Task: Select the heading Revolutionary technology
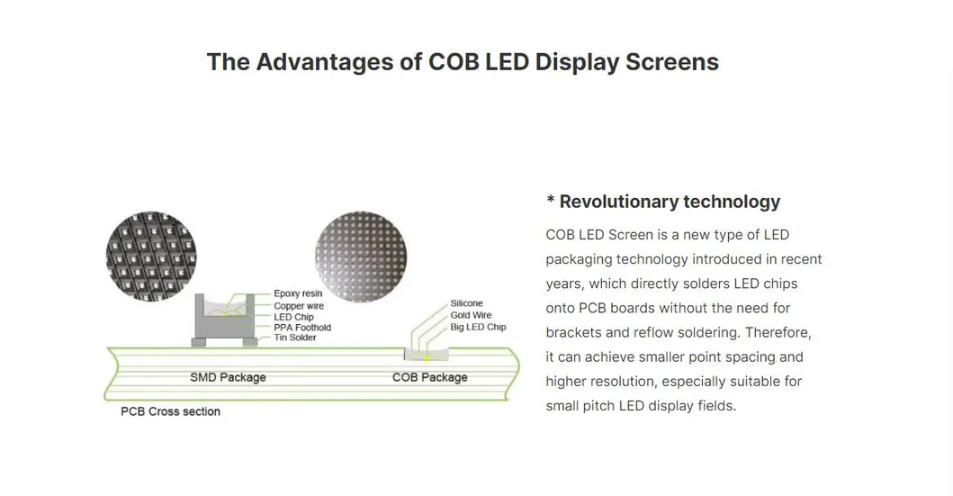pos(670,202)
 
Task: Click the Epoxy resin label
pos(298,293)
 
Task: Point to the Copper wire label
pos(299,306)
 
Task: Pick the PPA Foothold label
pos(302,327)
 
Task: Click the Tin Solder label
pos(295,338)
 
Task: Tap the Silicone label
pos(466,303)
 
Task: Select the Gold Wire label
pos(471,315)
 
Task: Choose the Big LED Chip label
pos(478,327)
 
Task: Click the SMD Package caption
pos(228,377)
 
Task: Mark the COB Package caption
pos(429,377)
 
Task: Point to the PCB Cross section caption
pos(170,411)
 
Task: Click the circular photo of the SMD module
pos(151,257)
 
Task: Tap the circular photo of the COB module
pos(361,257)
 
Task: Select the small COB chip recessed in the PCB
pos(427,355)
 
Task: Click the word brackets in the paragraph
pos(573,332)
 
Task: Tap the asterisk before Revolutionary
pos(551,199)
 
